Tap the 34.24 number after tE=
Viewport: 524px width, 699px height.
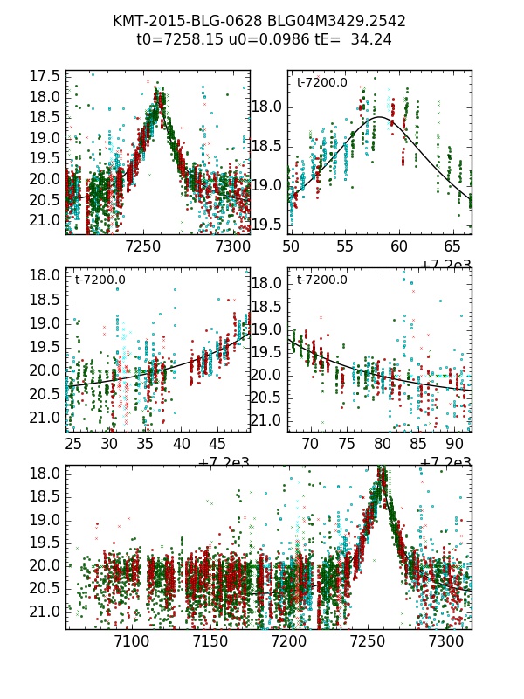point(372,39)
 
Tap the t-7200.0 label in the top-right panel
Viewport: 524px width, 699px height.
point(322,83)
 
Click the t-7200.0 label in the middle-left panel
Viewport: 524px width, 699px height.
point(100,280)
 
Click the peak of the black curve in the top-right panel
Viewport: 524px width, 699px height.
point(381,117)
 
